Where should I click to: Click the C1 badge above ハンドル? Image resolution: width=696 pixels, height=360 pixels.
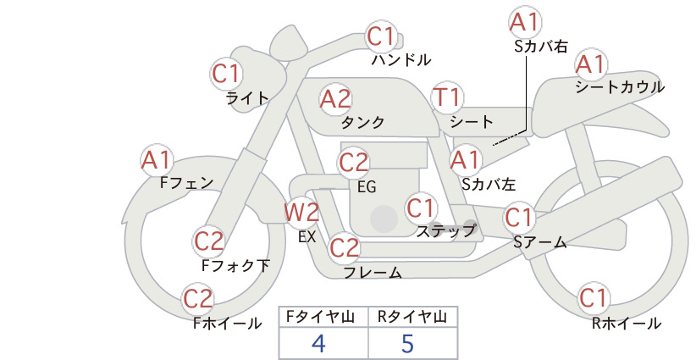click(381, 36)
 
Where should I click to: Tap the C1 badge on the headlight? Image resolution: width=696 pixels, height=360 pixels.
click(226, 74)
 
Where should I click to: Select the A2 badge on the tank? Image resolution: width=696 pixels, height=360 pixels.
click(335, 99)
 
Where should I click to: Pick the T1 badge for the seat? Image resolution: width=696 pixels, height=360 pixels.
click(447, 97)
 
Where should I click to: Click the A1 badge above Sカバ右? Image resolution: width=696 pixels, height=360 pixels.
click(525, 22)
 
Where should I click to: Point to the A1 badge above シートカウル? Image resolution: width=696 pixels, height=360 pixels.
click(591, 64)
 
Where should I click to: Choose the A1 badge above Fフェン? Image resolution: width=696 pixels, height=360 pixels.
click(157, 161)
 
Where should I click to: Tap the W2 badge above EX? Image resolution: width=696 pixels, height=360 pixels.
click(301, 212)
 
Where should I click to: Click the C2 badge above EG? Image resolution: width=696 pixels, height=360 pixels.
click(354, 163)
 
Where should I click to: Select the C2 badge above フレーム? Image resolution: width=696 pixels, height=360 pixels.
click(344, 247)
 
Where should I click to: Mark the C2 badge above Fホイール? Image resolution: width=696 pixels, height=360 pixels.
click(198, 299)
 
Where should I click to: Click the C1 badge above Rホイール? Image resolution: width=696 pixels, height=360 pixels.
click(594, 298)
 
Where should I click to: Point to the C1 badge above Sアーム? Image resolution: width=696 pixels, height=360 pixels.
click(518, 218)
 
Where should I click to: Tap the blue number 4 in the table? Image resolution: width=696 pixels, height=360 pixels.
click(318, 343)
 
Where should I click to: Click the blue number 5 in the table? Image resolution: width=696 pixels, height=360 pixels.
click(407, 343)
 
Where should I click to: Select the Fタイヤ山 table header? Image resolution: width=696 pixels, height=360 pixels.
click(320, 317)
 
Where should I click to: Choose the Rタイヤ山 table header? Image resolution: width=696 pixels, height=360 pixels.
click(412, 317)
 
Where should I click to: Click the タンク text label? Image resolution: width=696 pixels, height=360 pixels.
click(362, 122)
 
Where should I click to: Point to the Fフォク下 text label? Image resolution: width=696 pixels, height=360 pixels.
click(235, 265)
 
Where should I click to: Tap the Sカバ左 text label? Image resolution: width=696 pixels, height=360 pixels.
click(489, 184)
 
